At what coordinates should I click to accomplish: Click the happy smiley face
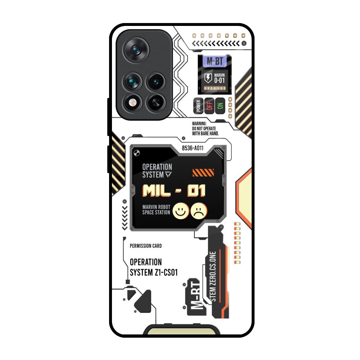pos(181,211)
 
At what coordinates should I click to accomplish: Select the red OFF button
pos(209,106)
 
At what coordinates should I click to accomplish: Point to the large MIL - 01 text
pos(174,190)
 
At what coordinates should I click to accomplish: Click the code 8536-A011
pos(193,148)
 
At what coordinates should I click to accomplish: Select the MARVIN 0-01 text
pos(219,78)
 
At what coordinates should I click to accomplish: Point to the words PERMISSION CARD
pos(145,246)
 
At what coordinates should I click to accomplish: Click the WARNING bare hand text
pos(206,128)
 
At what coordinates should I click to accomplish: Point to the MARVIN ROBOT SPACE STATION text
pos(156,210)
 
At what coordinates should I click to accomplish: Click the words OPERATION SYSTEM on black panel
pos(157,171)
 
